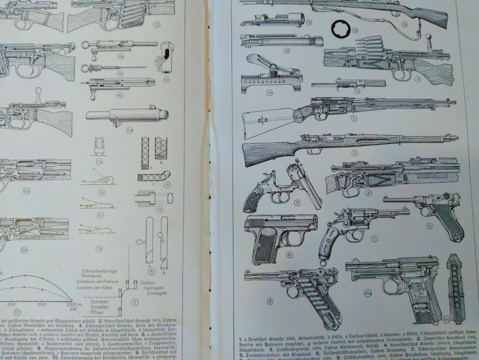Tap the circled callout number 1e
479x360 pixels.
click(x=255, y=93)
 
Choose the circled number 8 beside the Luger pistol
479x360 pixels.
click(x=429, y=225)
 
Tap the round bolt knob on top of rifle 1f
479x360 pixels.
click(x=431, y=37)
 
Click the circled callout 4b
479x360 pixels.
click(x=120, y=74)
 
